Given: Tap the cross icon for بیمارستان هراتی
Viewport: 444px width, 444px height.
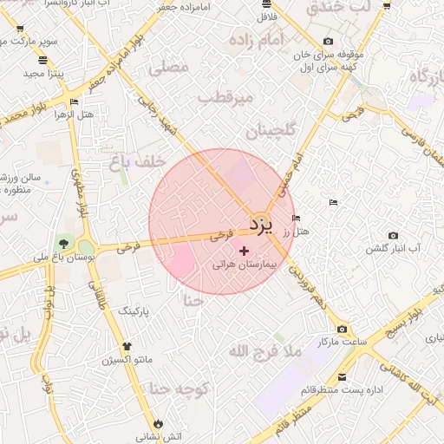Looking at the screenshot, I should point(243,250).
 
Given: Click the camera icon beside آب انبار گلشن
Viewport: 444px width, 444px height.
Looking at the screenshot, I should point(393,235).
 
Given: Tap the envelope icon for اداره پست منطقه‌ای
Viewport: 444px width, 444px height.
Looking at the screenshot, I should point(343,377).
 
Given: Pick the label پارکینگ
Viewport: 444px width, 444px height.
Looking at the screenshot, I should point(134,310).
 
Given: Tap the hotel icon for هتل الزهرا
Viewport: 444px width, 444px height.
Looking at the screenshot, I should point(74,102).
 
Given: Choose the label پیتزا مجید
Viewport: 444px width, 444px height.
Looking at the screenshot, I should point(39,74).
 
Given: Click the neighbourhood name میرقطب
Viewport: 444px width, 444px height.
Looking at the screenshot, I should point(225,98).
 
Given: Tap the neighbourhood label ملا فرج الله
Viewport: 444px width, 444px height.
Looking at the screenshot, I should point(264,351).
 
